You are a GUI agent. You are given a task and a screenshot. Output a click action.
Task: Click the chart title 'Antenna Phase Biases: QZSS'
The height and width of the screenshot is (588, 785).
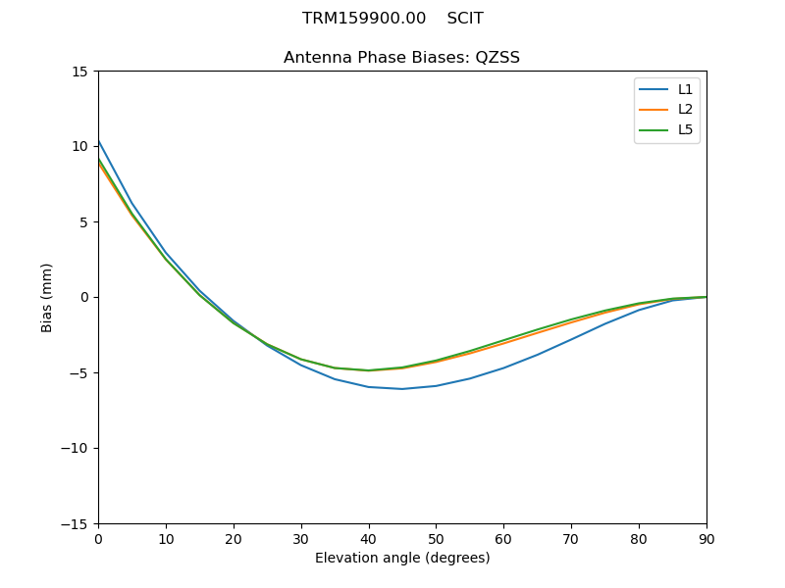tap(401, 58)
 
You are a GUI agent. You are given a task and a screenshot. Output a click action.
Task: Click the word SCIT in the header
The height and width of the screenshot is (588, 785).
tap(465, 19)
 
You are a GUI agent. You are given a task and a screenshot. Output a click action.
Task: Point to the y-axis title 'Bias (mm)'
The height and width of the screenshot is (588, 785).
tap(47, 297)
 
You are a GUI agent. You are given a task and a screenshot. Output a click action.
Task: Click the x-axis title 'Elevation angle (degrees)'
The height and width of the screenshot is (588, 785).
tap(402, 558)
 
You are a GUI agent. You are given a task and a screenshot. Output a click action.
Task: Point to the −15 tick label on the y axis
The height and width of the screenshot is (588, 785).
tap(77, 524)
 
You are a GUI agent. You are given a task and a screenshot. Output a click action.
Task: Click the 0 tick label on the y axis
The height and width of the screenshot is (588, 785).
tap(85, 298)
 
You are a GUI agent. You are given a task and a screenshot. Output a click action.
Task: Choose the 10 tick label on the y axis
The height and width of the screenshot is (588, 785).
tap(81, 147)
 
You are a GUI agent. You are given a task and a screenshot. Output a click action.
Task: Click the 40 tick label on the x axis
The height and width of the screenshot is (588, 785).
tap(369, 538)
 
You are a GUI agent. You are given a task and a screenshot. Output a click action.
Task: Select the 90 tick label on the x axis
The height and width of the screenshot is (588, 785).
tap(706, 538)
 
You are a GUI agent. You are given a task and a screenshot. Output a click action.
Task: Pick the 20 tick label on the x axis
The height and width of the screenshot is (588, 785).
tap(234, 538)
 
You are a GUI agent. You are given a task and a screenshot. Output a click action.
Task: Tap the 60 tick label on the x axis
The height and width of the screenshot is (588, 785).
tap(503, 538)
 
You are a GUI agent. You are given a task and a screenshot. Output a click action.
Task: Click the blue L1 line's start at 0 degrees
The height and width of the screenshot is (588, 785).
tap(98, 140)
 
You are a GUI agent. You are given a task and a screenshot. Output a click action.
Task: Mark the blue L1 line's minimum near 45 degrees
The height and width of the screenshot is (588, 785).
tap(402, 389)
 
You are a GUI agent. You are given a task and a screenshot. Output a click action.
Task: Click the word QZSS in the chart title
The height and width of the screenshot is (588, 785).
tap(497, 58)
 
